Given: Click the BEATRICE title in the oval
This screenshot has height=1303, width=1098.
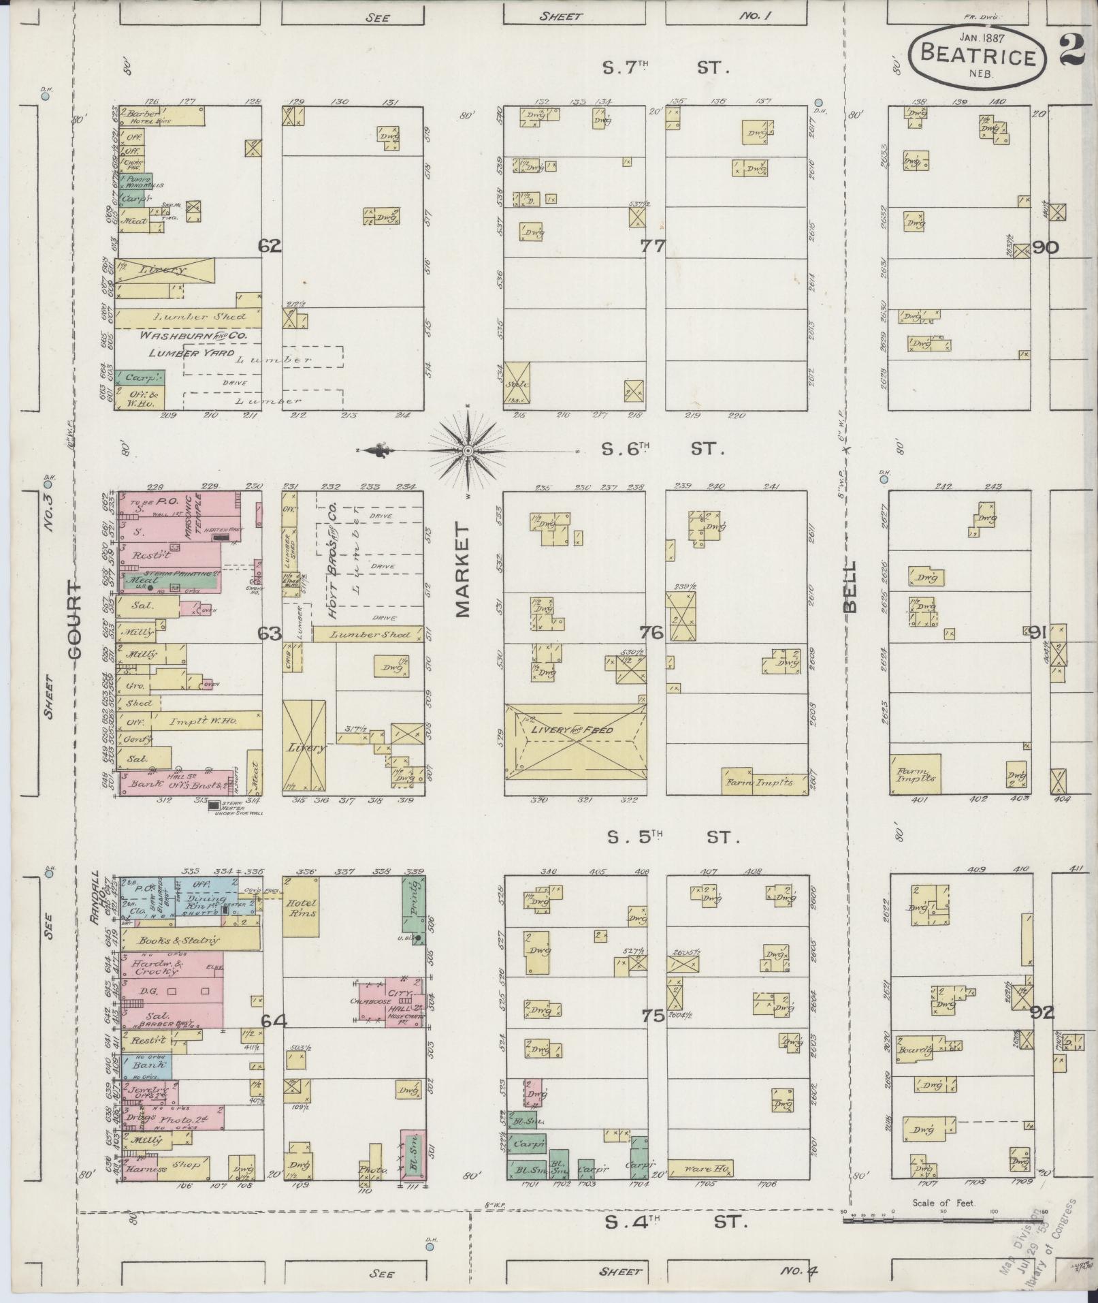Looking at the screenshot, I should [x=978, y=54].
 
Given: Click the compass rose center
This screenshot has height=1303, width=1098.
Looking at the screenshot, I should [x=468, y=451].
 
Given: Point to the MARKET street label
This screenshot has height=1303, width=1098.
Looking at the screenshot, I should [x=464, y=569].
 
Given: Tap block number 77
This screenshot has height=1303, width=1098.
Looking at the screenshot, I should [x=652, y=246].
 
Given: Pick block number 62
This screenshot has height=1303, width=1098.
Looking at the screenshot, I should [x=270, y=246].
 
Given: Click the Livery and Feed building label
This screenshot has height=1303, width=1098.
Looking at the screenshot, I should [x=572, y=730].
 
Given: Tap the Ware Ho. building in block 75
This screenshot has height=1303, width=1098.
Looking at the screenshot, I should [x=700, y=1169].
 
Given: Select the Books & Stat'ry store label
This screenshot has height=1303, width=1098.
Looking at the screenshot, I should [x=178, y=941].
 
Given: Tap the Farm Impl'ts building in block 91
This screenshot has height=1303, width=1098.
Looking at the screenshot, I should [x=915, y=773].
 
